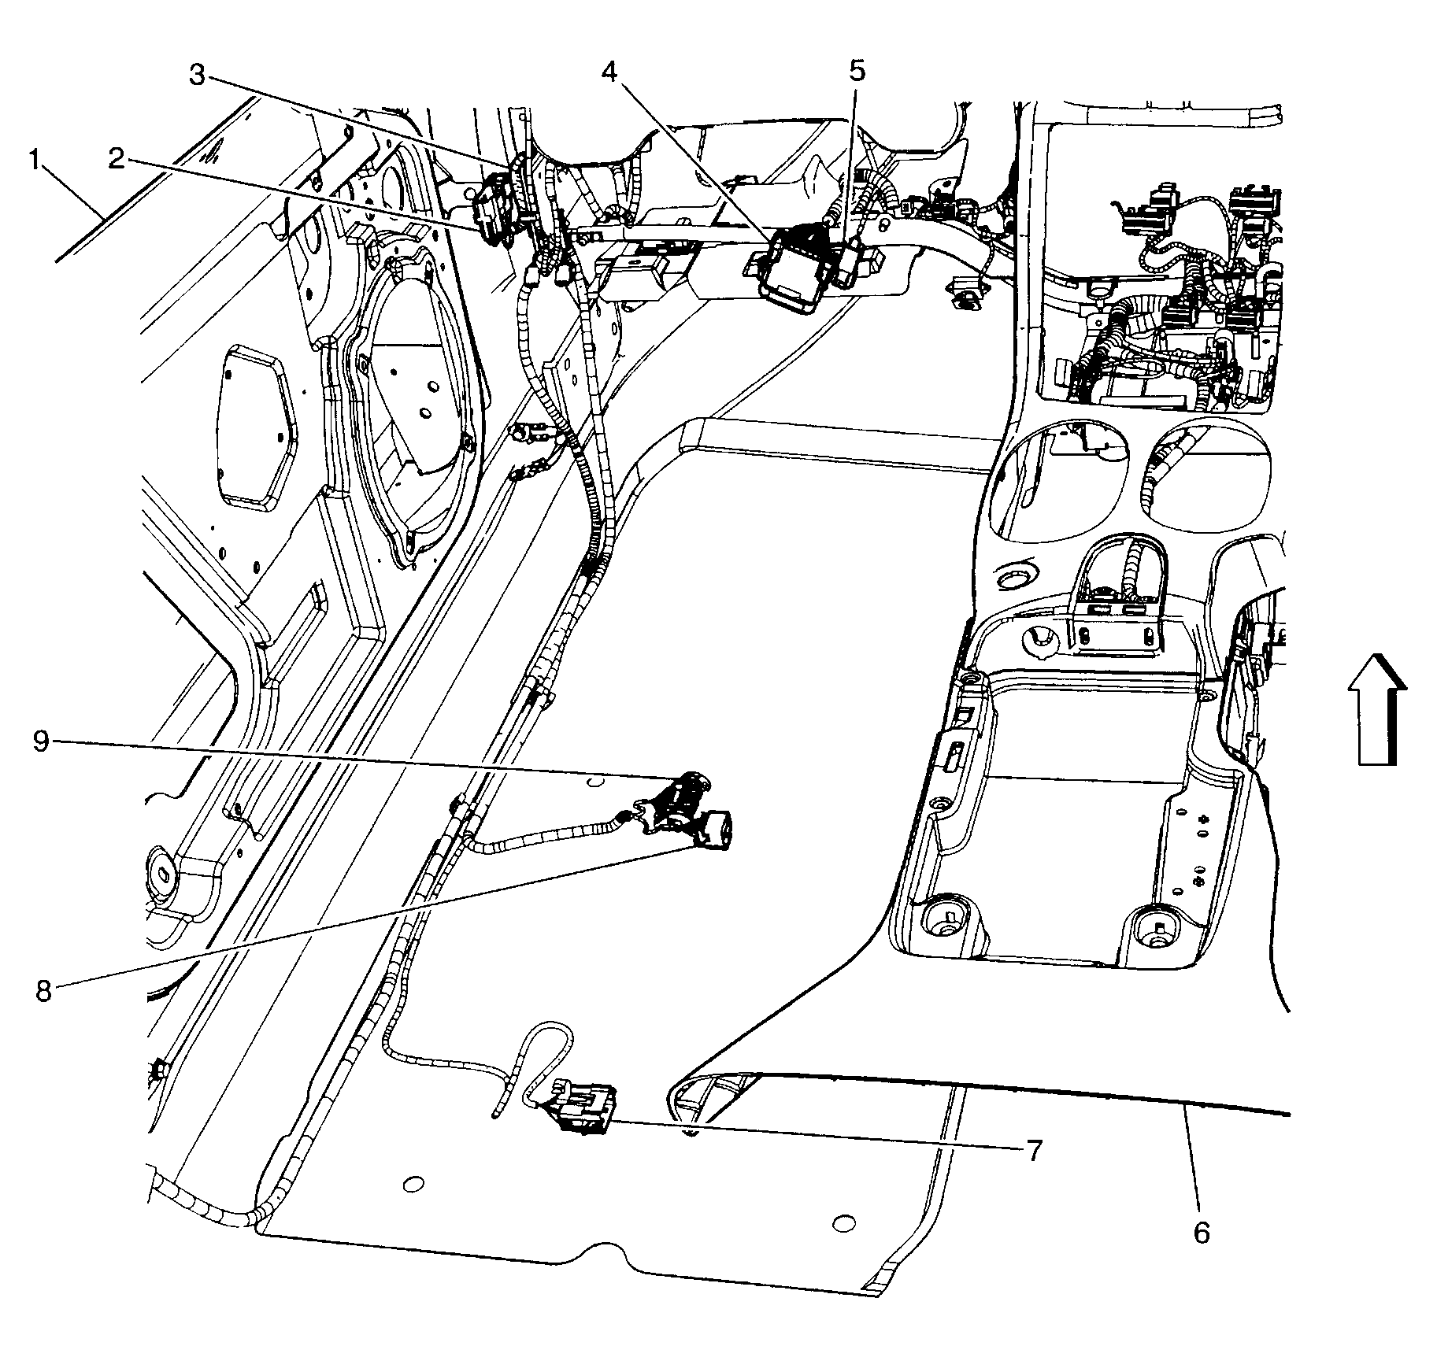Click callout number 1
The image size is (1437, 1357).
pos(34,162)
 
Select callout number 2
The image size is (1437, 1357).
pos(117,161)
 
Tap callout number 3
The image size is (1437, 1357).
pos(198,76)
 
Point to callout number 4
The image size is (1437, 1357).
pos(609,72)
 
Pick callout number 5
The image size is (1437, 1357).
pos(856,72)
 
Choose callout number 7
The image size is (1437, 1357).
pos(1034,1151)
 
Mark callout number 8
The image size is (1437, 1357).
pos(43,991)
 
